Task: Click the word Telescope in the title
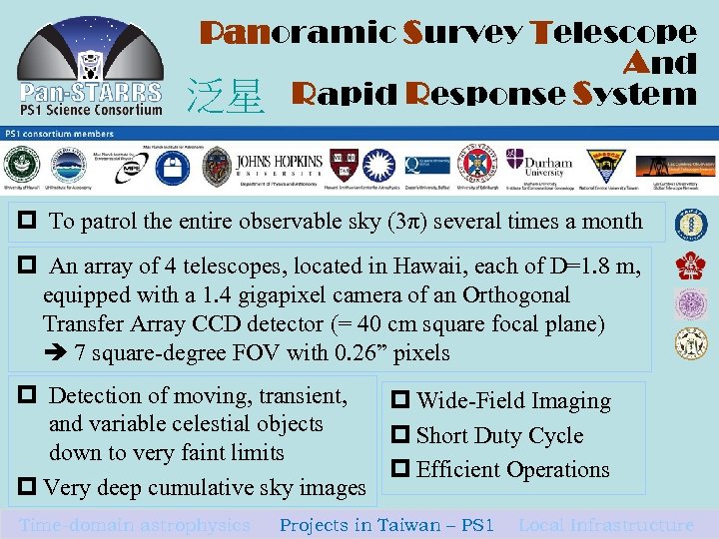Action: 615,32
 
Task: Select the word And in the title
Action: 660,64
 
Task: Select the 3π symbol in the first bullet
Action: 404,222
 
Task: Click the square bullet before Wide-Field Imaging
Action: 403,401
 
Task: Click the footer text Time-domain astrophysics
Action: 135,525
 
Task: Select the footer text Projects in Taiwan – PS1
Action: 386,525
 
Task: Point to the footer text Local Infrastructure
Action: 605,525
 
